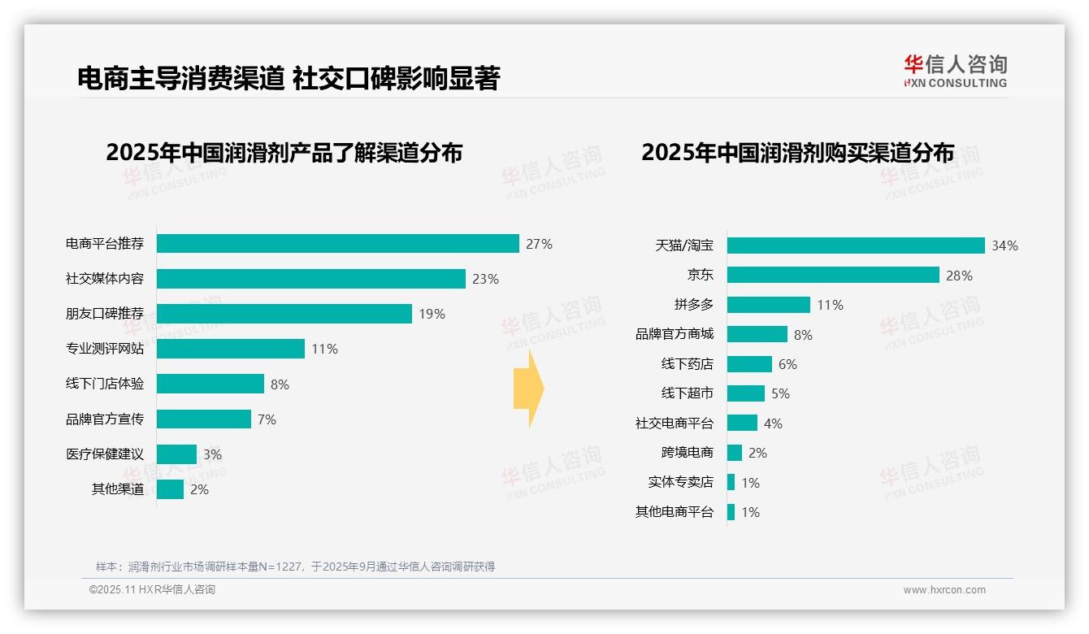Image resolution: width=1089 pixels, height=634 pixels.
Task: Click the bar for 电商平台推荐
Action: pos(337,244)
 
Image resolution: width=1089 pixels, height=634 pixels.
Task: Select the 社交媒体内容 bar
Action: pos(310,279)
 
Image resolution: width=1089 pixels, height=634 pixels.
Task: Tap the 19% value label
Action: pos(432,314)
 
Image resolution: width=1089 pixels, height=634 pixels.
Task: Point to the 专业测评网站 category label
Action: pos(105,349)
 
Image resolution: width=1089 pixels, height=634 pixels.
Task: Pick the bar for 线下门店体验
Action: pos(210,384)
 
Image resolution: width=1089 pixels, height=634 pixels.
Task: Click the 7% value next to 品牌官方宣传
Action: pos(267,419)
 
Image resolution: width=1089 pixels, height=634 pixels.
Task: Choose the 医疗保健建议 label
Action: pos(105,454)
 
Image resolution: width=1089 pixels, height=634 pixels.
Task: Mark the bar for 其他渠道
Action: pos(170,489)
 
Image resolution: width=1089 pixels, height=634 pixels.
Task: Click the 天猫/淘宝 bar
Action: pos(855,245)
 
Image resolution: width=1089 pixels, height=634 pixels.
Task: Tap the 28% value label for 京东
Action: pos(959,276)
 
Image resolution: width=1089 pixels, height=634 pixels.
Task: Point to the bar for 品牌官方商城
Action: pos(757,334)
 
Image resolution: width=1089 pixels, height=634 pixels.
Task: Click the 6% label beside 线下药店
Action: pos(787,364)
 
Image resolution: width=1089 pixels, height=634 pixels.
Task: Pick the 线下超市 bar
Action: pos(745,393)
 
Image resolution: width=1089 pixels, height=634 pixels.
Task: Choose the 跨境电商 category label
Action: pos(687,453)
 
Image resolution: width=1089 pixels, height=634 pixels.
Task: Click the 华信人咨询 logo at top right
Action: pos(955,71)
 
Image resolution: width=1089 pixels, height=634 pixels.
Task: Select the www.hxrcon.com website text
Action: pos(944,590)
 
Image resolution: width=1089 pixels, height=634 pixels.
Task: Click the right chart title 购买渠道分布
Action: pos(797,153)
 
